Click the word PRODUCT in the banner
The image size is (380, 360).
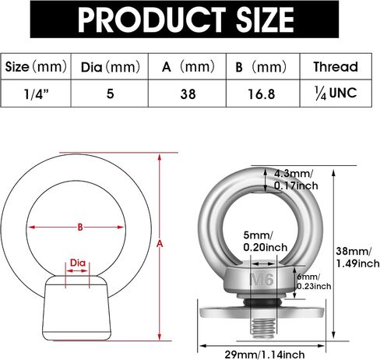(152, 19)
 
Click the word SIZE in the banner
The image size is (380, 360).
(265, 19)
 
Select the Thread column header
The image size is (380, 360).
(336, 67)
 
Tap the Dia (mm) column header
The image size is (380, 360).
(111, 67)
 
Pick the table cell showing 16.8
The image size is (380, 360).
(262, 94)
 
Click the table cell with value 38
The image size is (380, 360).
(188, 94)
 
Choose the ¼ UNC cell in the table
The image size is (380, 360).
(336, 94)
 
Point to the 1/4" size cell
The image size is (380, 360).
(37, 94)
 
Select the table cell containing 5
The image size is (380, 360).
(111, 94)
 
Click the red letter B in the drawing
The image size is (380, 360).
(80, 228)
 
